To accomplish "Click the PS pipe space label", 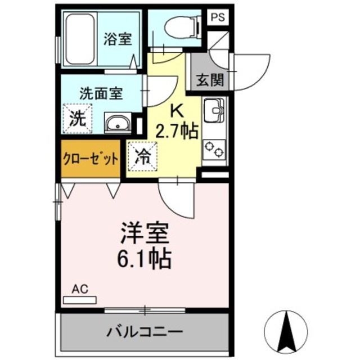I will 218,17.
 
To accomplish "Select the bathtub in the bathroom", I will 82,39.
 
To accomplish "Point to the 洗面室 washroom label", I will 101,94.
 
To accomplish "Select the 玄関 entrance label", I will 209,79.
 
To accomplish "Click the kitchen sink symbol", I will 214,111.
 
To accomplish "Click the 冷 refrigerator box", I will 142,156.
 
